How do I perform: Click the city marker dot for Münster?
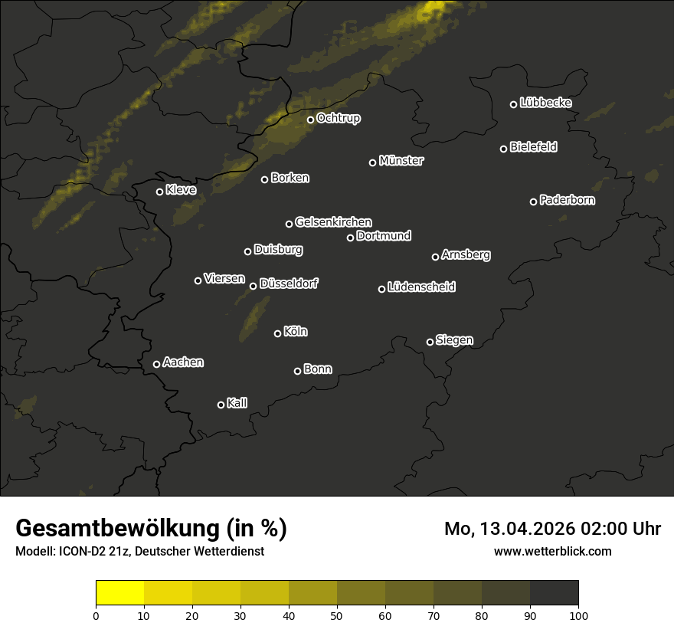(373, 162)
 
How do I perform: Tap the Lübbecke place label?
(545, 103)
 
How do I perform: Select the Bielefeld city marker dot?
(504, 149)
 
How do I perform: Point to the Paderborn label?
(567, 200)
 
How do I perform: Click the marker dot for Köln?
(278, 333)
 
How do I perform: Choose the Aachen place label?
(183, 362)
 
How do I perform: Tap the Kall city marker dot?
(221, 405)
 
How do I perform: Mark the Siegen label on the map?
(454, 340)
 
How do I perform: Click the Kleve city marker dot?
(160, 192)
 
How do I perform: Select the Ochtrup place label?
(338, 118)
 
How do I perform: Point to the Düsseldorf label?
(289, 284)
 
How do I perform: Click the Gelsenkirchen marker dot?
(290, 224)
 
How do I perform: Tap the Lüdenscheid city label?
(421, 287)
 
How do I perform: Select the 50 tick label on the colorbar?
(337, 615)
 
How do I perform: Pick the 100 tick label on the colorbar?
(578, 615)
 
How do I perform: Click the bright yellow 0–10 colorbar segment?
(120, 593)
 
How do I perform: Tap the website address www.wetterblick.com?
(552, 551)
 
